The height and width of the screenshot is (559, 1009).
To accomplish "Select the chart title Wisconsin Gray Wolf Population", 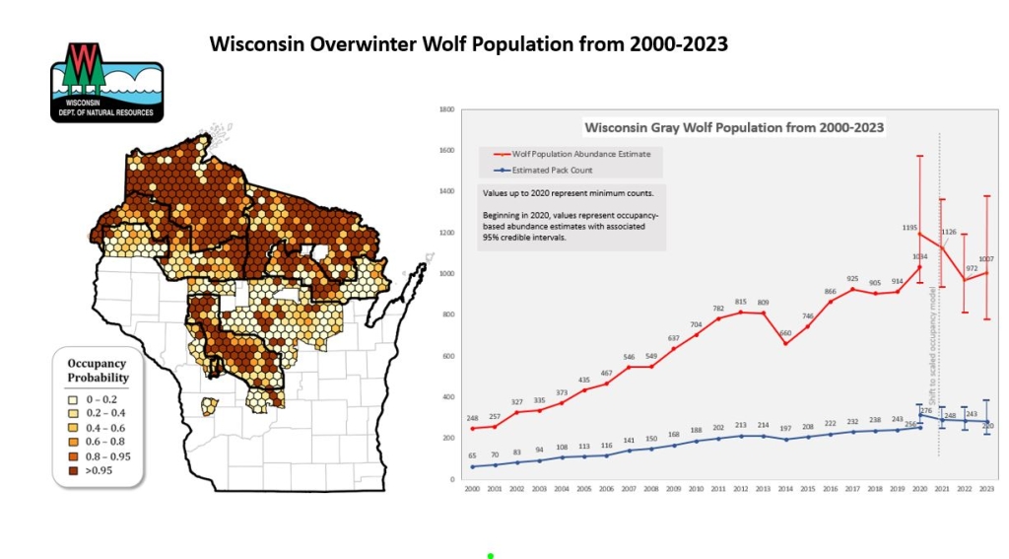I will click(733, 127).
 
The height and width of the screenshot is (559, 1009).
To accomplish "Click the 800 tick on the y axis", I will click(447, 314).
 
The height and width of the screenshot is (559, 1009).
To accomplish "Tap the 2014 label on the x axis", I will click(785, 490).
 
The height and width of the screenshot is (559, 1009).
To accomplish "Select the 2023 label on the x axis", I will click(986, 490).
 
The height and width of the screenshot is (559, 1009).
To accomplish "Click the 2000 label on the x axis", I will click(473, 490).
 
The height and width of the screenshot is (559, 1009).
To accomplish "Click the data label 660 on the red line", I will click(785, 333).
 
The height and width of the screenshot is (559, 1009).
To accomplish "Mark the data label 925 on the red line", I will click(852, 279).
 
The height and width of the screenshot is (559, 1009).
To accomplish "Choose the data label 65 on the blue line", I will click(473, 455).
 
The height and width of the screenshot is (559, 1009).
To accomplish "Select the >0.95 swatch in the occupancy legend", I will click(74, 472).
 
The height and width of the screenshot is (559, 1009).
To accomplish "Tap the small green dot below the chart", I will click(490, 556).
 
